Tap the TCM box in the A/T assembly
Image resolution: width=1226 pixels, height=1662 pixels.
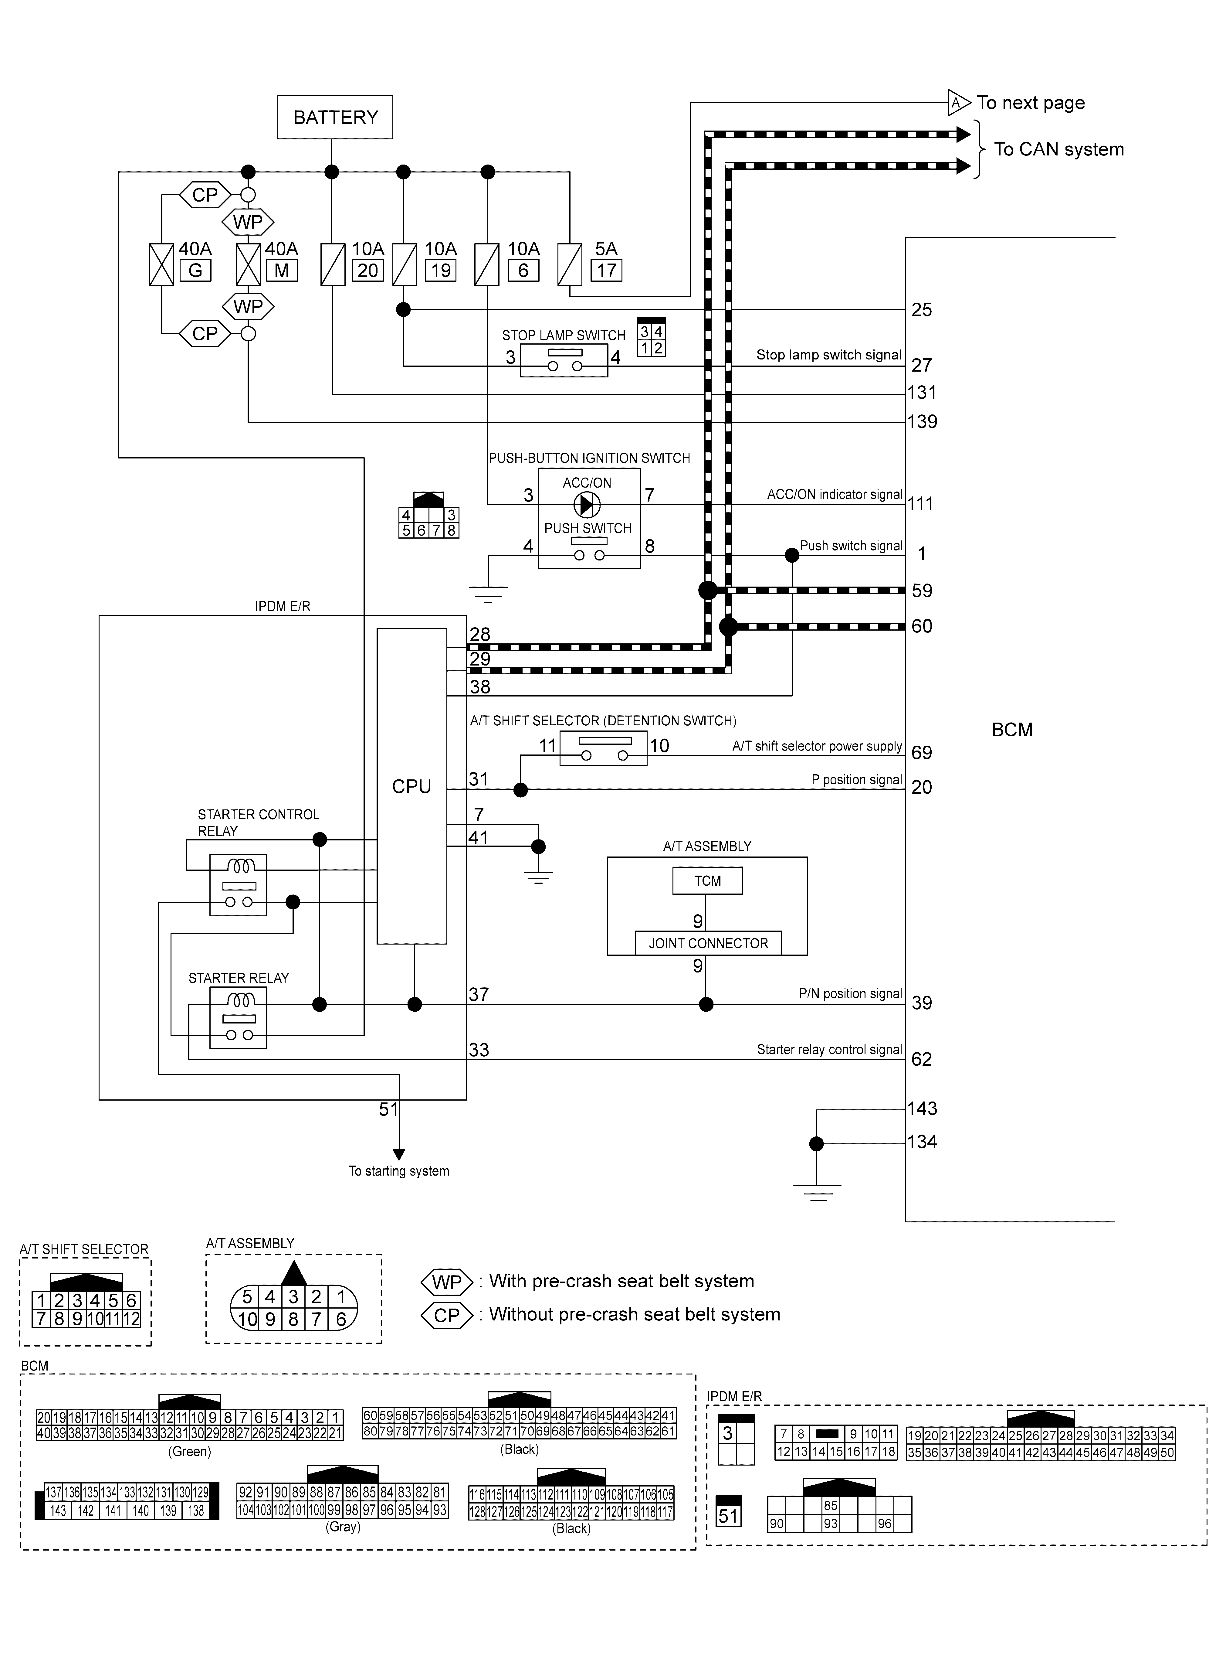[x=707, y=881]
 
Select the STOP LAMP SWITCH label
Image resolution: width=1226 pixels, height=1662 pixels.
[x=563, y=335]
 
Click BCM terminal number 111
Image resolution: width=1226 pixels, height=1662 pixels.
[x=920, y=504]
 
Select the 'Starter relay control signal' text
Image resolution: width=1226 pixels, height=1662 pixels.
[x=829, y=1050]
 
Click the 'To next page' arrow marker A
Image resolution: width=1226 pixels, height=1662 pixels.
[x=958, y=102]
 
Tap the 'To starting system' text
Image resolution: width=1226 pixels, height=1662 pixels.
[x=398, y=1171]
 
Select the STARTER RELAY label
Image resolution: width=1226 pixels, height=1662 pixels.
[x=238, y=978]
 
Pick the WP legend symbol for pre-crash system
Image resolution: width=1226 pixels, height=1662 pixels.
[x=447, y=1282]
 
